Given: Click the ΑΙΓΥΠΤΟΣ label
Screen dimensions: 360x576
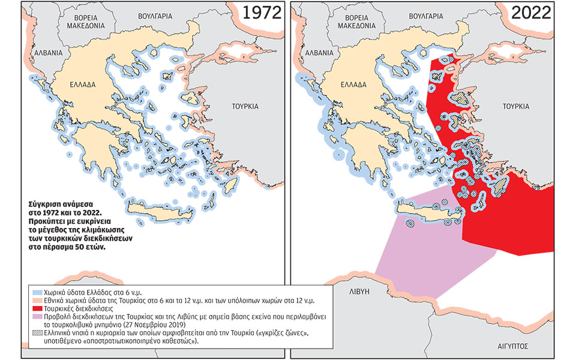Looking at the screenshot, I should pyautogui.click(x=515, y=346).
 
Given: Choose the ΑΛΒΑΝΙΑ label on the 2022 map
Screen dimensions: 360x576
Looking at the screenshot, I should pyautogui.click(x=315, y=53).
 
